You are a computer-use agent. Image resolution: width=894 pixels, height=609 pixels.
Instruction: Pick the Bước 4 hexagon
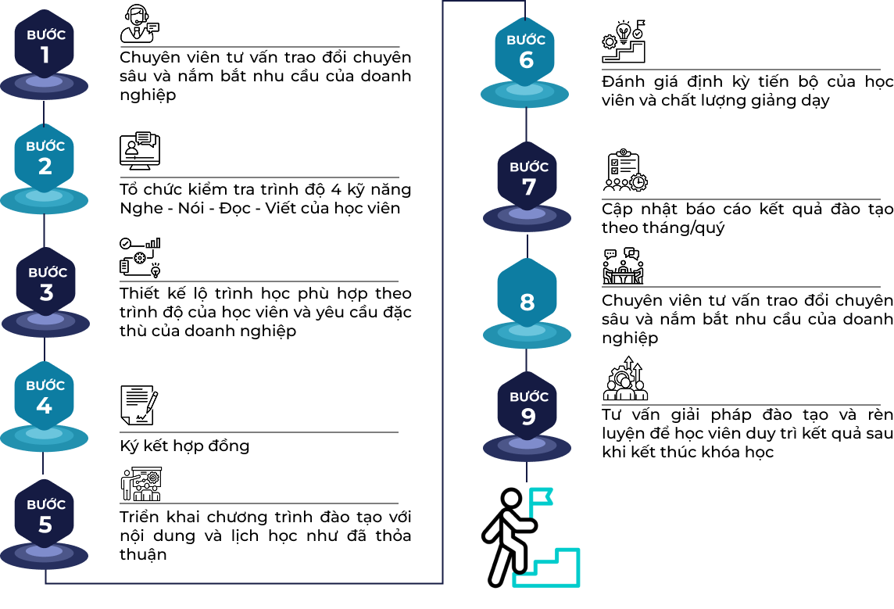coord(44,396)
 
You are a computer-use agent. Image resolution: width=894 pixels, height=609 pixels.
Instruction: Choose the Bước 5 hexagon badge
coord(44,514)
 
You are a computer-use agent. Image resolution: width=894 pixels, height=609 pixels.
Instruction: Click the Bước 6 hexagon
coord(524,52)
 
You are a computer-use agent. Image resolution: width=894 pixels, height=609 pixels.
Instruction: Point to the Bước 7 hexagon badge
coord(527,177)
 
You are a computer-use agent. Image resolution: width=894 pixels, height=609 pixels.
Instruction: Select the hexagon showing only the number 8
coord(527,293)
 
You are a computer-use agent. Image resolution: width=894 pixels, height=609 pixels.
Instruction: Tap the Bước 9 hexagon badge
coord(527,407)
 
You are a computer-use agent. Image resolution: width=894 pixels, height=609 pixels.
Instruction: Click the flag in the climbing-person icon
coord(540,496)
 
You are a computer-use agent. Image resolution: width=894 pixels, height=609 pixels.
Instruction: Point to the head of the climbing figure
coord(511,498)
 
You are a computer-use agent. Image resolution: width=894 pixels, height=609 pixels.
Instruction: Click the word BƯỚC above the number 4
coord(45,385)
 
